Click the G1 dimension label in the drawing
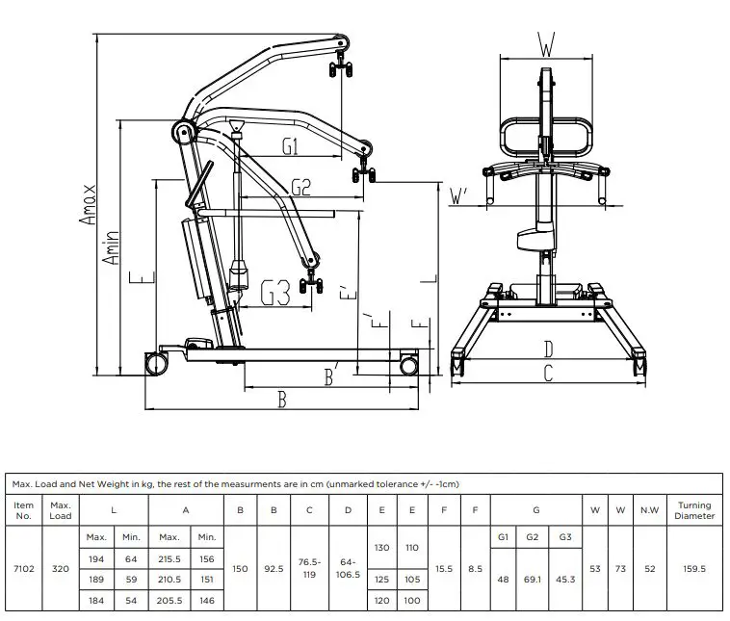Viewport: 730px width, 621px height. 295,146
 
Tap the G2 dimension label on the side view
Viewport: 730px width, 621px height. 300,187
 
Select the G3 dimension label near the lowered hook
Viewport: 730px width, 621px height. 275,292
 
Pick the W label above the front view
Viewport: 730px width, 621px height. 546,43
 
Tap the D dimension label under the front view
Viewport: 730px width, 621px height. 548,349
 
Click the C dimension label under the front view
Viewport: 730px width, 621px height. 548,375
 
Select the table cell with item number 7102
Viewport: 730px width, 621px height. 25,569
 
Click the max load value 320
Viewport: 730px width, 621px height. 61,569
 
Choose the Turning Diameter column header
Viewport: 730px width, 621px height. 693,510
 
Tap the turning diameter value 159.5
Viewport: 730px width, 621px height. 693,569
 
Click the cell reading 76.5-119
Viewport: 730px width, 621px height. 309,569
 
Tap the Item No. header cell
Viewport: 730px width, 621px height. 25,510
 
